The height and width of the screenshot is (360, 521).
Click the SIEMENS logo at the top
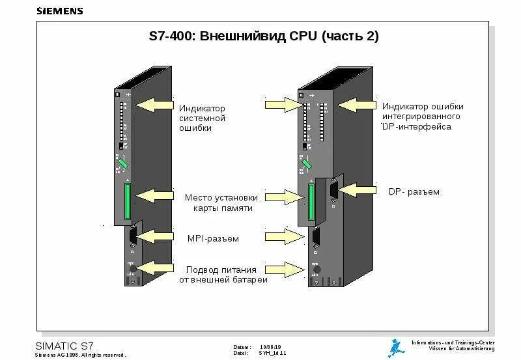59,11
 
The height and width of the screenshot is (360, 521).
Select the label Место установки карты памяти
221,202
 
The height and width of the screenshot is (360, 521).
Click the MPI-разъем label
212,239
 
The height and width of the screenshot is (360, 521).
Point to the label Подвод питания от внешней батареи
221,274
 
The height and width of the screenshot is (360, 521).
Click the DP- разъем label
414,192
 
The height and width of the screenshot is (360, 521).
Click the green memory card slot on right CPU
311,202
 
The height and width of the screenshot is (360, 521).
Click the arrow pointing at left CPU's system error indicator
154,105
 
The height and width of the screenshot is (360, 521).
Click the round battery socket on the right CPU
317,269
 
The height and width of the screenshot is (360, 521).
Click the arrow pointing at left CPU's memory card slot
154,195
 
